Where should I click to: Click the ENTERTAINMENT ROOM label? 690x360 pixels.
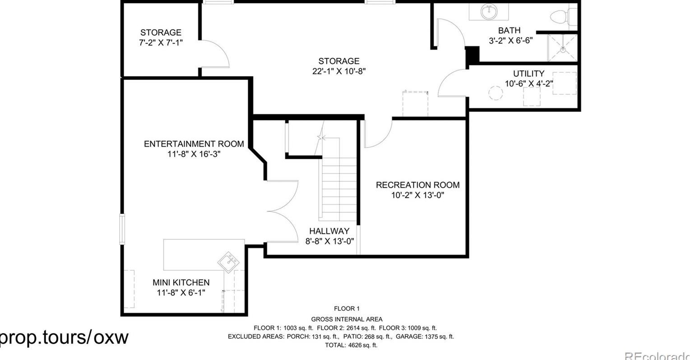tap(194, 144)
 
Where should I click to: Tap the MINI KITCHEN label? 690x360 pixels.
tap(181, 283)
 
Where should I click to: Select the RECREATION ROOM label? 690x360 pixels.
tap(417, 185)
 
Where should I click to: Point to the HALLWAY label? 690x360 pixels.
tap(329, 231)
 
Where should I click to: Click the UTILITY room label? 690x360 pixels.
tap(528, 74)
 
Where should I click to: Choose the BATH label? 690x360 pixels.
tap(509, 31)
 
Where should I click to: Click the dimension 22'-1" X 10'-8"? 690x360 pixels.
tap(339, 71)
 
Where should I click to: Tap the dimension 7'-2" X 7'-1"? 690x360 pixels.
tap(161, 42)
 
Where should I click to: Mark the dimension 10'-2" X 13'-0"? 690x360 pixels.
tap(417, 195)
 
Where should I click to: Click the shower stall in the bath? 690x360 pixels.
tap(562, 47)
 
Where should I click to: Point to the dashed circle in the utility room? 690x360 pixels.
tap(496, 93)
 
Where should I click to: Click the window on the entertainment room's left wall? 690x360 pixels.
tap(122, 229)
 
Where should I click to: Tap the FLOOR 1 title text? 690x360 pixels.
tap(346, 309)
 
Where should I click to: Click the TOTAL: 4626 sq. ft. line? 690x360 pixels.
tap(351, 345)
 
